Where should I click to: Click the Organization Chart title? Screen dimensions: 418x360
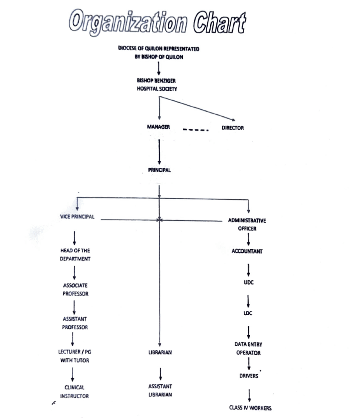(x=158, y=23)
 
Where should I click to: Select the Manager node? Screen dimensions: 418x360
(x=158, y=127)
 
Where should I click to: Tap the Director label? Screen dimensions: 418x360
(x=233, y=128)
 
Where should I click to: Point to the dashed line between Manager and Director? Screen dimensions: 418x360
(x=196, y=131)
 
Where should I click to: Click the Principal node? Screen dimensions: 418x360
(x=159, y=170)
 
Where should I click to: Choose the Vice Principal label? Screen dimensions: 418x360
(x=77, y=217)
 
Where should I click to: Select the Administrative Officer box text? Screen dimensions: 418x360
(x=247, y=225)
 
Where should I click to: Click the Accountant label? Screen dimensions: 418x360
(x=247, y=251)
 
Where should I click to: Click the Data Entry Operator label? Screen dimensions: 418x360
(x=248, y=348)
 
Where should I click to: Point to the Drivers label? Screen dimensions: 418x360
(x=249, y=376)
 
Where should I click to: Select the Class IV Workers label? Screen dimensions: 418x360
(x=250, y=407)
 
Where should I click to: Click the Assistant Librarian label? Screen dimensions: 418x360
(x=160, y=390)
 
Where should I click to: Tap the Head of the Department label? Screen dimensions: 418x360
(x=74, y=255)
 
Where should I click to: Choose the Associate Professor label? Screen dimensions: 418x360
(x=75, y=289)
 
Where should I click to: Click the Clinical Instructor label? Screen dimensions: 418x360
(x=74, y=391)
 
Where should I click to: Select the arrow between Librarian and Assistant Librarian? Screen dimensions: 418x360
(x=161, y=373)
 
